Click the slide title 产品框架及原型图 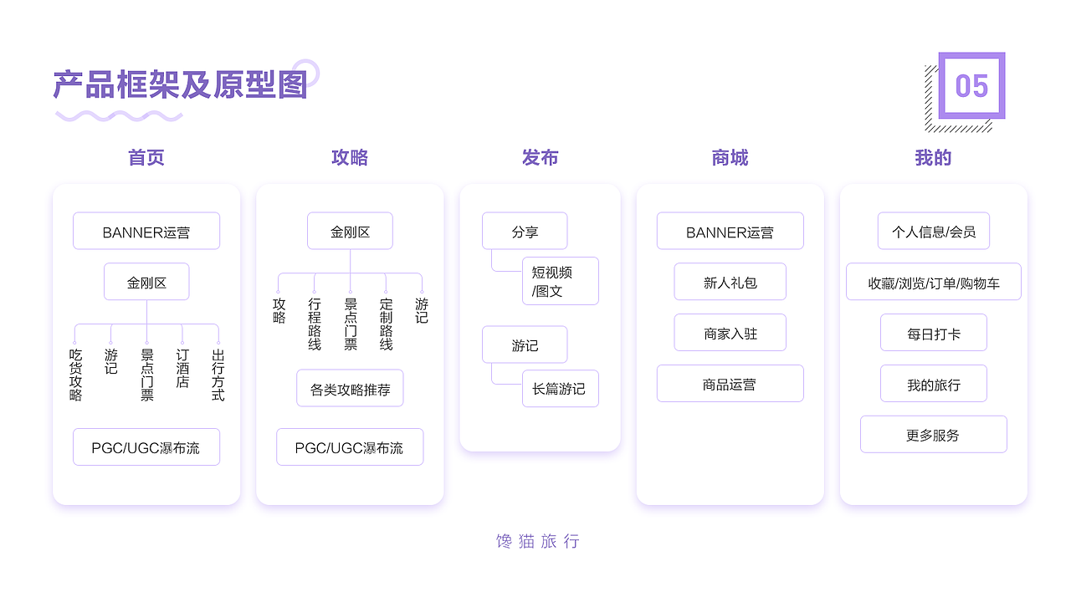tap(180, 85)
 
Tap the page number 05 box tap(971, 85)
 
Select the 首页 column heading tap(146, 158)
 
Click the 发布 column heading tap(540, 158)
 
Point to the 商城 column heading tap(730, 158)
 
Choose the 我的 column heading tap(933, 158)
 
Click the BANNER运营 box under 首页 tap(146, 232)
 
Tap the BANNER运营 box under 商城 tap(730, 232)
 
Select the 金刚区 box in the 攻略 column tap(350, 232)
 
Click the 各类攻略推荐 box tap(350, 389)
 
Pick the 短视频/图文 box tap(560, 282)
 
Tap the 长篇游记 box tap(560, 389)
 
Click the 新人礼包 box tap(730, 283)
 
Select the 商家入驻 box tap(730, 333)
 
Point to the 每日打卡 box tap(933, 333)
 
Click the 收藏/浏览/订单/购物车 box tap(933, 283)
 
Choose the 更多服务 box tap(933, 435)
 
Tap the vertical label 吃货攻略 tap(75, 375)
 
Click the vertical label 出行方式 tap(218, 375)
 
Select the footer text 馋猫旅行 tap(537, 541)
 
